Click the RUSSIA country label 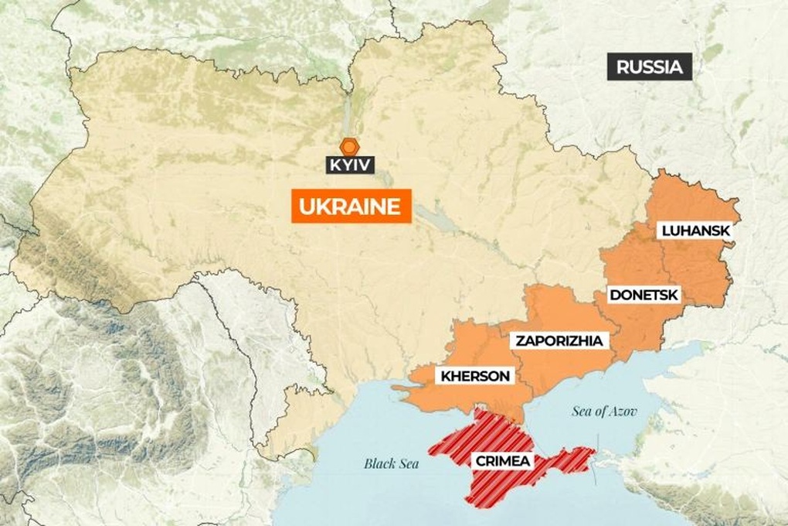pyautogui.click(x=650, y=67)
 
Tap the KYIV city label pyautogui.click(x=350, y=164)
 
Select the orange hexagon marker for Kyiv pyautogui.click(x=350, y=146)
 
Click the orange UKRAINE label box pyautogui.click(x=351, y=207)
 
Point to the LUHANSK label pyautogui.click(x=695, y=231)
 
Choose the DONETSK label pyautogui.click(x=643, y=294)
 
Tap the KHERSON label pyautogui.click(x=475, y=377)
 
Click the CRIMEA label pyautogui.click(x=503, y=462)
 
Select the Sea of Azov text pyautogui.click(x=605, y=411)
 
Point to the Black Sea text pyautogui.click(x=391, y=464)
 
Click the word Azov pyautogui.click(x=624, y=411)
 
